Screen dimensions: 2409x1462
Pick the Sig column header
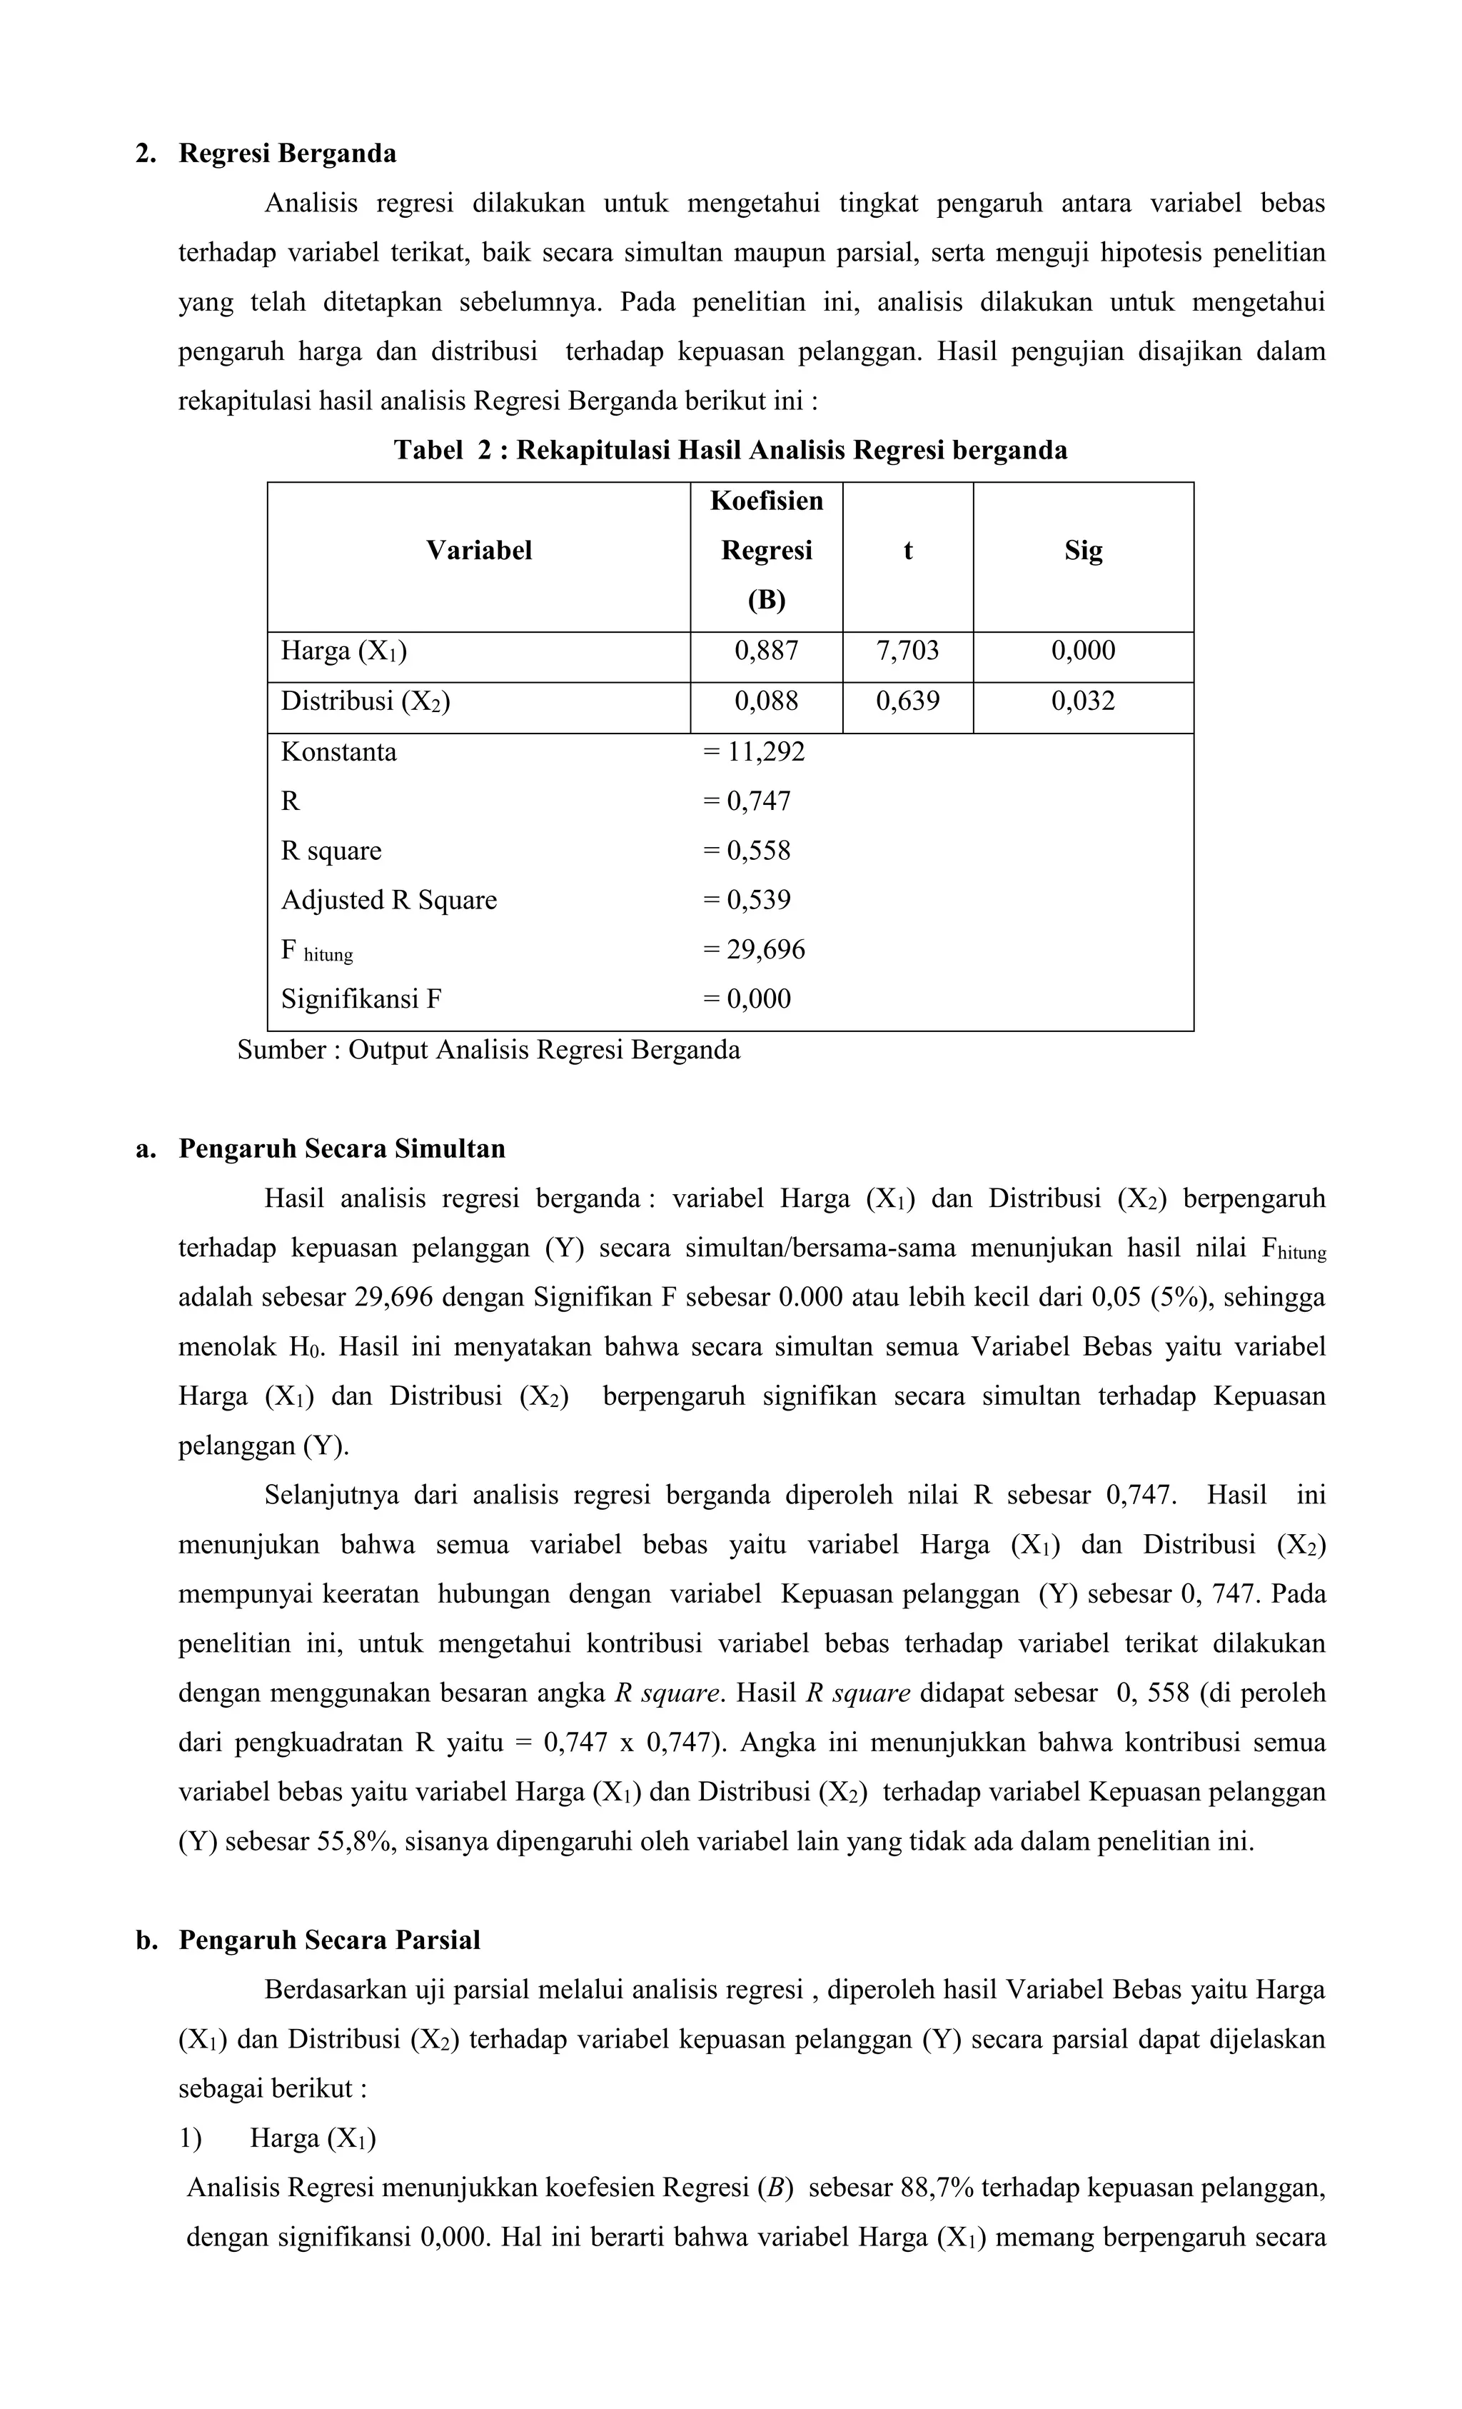tap(1083, 551)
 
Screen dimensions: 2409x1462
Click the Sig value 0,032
tap(1083, 701)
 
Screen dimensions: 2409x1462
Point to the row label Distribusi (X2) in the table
tap(365, 701)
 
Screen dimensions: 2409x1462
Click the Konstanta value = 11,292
tap(753, 752)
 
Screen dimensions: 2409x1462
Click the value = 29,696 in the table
tap(753, 949)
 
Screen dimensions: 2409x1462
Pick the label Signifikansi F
tap(361, 999)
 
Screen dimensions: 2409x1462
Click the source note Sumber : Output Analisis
tap(488, 1050)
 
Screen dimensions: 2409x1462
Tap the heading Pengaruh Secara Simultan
tap(341, 1148)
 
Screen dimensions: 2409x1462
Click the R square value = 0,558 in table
tap(747, 851)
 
